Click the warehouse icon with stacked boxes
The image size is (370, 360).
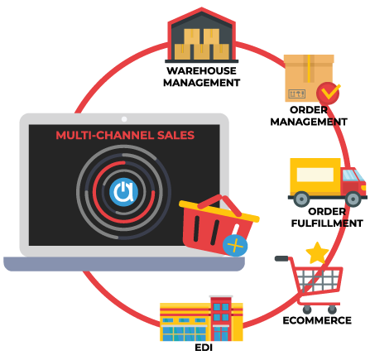point(202,36)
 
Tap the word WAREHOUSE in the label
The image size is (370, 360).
point(202,71)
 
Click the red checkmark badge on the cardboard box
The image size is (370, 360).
point(328,93)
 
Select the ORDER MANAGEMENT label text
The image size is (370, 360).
point(309,116)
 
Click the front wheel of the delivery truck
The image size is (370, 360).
point(353,199)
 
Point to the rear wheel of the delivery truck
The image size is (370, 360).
point(301,199)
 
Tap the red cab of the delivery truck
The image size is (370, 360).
point(353,181)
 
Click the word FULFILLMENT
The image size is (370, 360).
point(327,223)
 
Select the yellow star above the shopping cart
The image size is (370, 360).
point(317,253)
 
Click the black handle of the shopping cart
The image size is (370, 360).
point(281,258)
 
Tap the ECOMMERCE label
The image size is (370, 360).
point(317,320)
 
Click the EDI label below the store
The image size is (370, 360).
point(204,348)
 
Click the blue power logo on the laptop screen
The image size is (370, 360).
point(123,192)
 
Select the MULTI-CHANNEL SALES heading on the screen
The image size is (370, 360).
point(125,136)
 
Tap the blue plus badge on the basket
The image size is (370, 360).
point(235,246)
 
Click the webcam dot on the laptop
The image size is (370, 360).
point(124,119)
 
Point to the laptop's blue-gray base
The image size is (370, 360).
point(124,264)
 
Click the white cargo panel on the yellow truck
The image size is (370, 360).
point(315,175)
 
